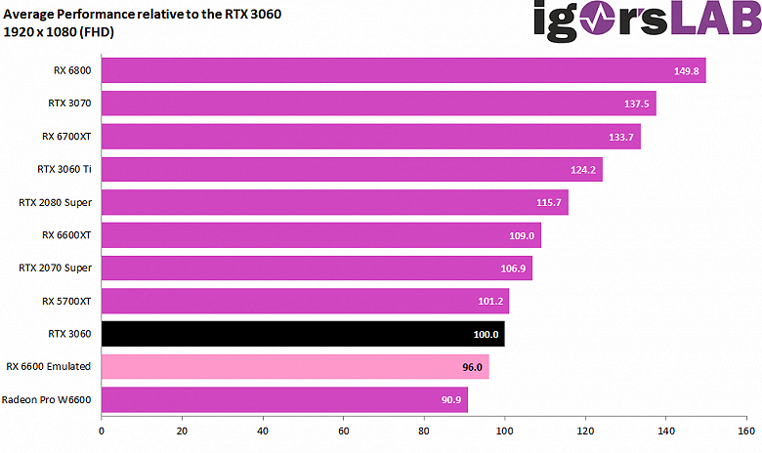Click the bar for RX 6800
pos(402,70)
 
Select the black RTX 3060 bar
pos(303,334)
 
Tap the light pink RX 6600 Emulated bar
pos(293,367)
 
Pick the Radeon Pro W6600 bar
pos(283,400)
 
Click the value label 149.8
pos(687,71)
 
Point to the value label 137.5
pos(637,104)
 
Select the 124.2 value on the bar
pos(583,170)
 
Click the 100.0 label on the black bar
pos(486,335)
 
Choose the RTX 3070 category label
pos(69,103)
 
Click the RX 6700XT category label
pos(65,136)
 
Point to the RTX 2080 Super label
pos(55,202)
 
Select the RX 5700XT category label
pos(65,301)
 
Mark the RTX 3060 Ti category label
pos(63,169)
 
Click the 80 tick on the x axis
pos(424,429)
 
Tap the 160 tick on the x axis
pos(745,429)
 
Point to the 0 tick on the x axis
pos(102,429)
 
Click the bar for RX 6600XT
pos(320,235)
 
